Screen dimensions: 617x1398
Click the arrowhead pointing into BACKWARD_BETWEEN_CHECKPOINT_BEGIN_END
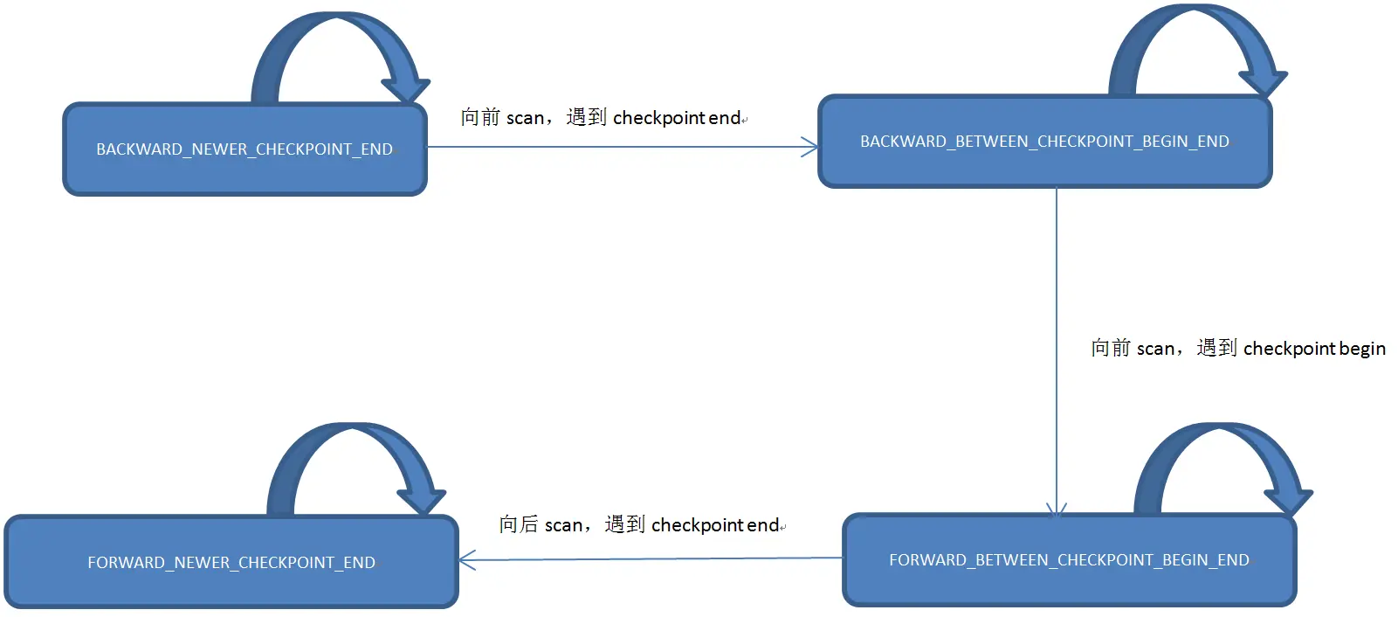point(810,147)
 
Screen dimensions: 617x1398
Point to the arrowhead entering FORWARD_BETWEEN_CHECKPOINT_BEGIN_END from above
point(1057,509)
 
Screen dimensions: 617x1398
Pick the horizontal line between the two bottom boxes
point(651,558)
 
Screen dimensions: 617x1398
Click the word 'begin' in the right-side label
point(1362,349)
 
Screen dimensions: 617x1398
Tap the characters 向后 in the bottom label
point(519,524)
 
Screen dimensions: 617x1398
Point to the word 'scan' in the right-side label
point(1155,349)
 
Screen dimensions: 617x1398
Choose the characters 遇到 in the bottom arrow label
point(624,524)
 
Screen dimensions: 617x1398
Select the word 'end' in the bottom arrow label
point(762,525)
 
